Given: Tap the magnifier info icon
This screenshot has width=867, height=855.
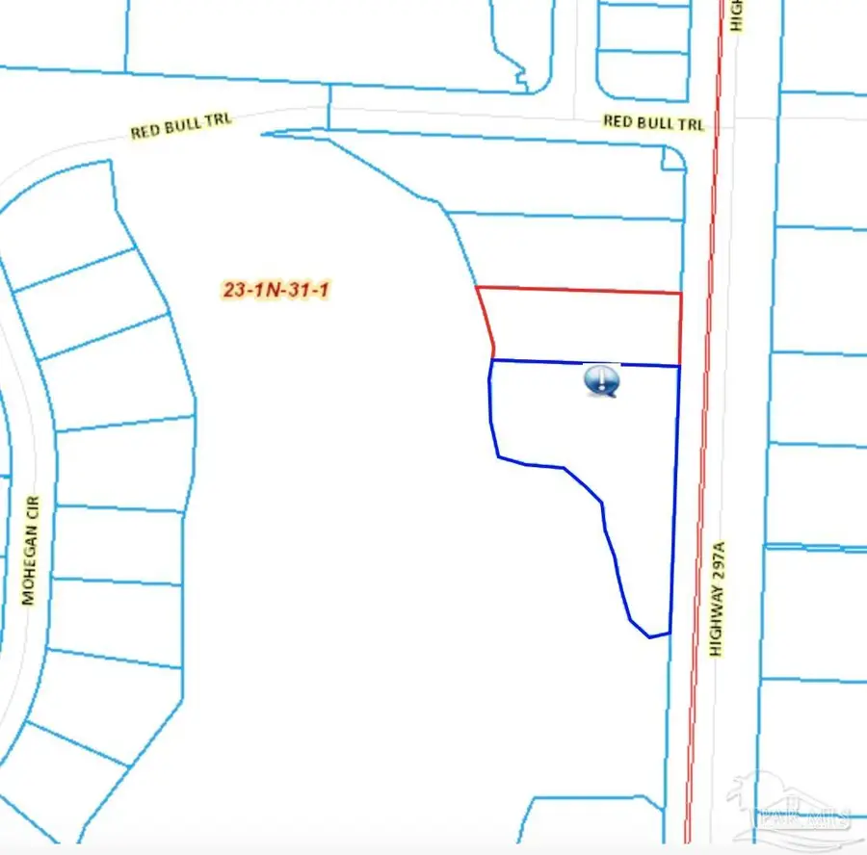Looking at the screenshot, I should [602, 381].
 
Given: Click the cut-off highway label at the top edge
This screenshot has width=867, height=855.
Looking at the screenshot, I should [737, 14].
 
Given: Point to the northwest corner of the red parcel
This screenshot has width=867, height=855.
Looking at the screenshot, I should [478, 287].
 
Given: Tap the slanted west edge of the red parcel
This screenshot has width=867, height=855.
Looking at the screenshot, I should [486, 324].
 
